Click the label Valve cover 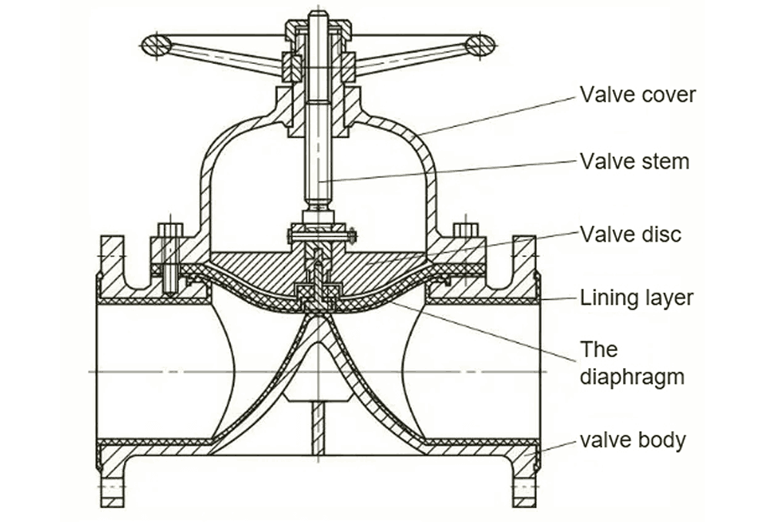click(x=638, y=95)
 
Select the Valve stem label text click(x=634, y=162)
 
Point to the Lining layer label click(x=637, y=298)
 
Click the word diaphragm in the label click(x=632, y=377)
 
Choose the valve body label click(x=632, y=440)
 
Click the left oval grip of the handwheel click(x=157, y=44)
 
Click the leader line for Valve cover click(x=500, y=115)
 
